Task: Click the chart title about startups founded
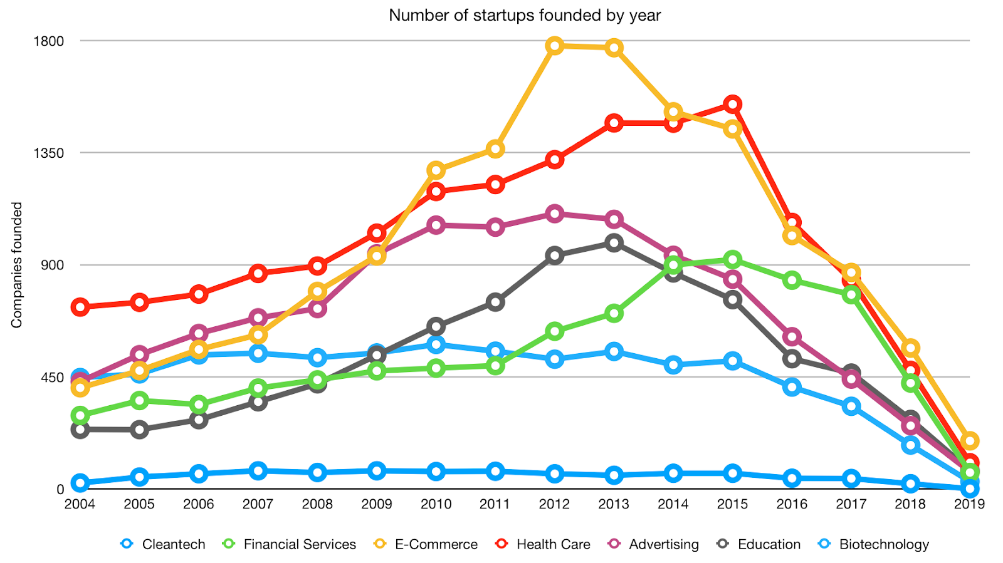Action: (525, 15)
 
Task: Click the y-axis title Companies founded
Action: (17, 264)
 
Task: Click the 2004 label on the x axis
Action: (80, 504)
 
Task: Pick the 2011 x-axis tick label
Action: (495, 504)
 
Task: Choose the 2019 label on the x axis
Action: (969, 504)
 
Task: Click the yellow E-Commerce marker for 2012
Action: (554, 46)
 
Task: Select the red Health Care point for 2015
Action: (732, 104)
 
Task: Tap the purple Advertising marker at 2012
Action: (554, 214)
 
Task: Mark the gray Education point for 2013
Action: (614, 243)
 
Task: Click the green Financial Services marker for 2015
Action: (732, 260)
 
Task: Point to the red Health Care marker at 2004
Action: (80, 307)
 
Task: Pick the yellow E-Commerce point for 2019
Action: (969, 441)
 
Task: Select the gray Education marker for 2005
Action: (139, 430)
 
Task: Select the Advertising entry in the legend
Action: (663, 544)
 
